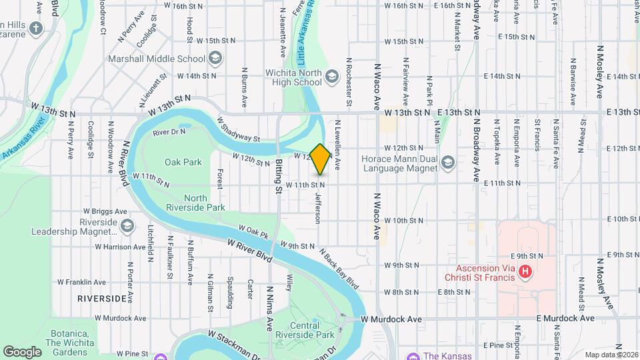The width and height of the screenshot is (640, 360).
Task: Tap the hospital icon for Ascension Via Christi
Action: click(x=525, y=271)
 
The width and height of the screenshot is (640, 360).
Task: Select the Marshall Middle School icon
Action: click(x=215, y=59)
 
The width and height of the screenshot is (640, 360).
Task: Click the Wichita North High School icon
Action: click(x=332, y=78)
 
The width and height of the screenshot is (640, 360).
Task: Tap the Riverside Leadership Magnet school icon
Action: click(x=126, y=227)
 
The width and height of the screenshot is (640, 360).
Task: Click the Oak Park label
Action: click(x=183, y=162)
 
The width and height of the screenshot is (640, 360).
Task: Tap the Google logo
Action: click(x=22, y=351)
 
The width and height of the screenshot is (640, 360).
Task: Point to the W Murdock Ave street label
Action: click(x=391, y=319)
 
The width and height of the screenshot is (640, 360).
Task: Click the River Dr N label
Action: click(x=169, y=133)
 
